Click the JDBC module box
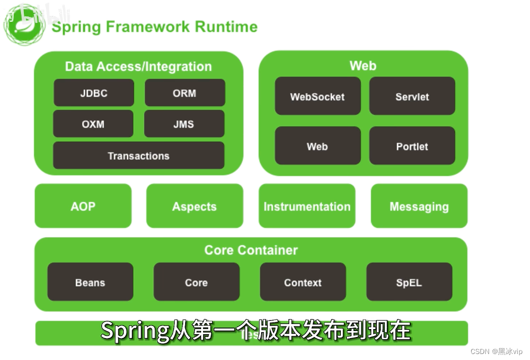tap(94, 93)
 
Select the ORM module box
tap(185, 93)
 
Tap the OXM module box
tap(93, 124)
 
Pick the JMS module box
tap(184, 124)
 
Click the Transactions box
tap(139, 156)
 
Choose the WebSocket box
tap(317, 96)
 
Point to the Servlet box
tap(412, 96)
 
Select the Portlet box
tap(412, 146)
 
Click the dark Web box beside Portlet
tap(317, 146)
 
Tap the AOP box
tap(83, 206)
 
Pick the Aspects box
tap(195, 206)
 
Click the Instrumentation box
tap(307, 206)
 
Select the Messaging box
tap(419, 206)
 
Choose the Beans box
tap(90, 282)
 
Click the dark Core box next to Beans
tap(197, 282)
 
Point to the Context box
tap(303, 282)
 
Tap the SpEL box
tap(409, 282)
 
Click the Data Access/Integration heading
tap(138, 66)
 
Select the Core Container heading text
tap(251, 250)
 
